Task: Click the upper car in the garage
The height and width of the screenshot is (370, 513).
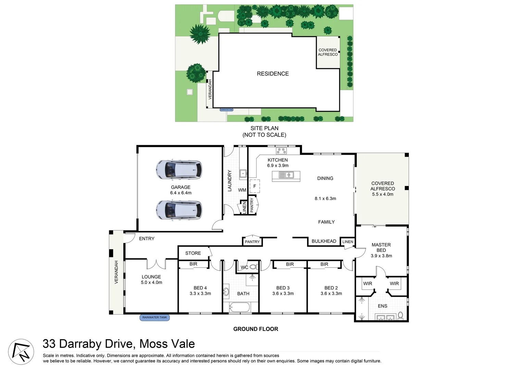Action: click(x=179, y=170)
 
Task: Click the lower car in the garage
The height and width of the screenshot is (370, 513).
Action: click(x=179, y=210)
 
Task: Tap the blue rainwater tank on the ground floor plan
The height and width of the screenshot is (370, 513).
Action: click(x=154, y=318)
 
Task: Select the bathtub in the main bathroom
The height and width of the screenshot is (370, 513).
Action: click(x=240, y=307)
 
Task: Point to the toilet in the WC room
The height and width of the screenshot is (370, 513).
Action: click(x=253, y=267)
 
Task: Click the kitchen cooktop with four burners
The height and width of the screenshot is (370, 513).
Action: click(x=281, y=150)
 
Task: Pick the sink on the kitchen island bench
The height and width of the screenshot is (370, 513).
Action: click(x=286, y=175)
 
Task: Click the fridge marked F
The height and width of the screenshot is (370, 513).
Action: click(x=254, y=186)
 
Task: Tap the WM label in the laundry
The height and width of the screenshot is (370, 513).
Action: click(x=242, y=190)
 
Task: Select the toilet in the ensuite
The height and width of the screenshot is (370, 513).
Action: click(x=400, y=316)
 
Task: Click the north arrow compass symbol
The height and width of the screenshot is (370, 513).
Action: click(x=21, y=352)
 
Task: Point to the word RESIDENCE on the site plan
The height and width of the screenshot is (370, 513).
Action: click(x=273, y=74)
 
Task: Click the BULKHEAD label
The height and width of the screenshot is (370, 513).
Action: click(x=324, y=241)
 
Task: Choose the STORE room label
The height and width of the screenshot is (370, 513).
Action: click(x=193, y=253)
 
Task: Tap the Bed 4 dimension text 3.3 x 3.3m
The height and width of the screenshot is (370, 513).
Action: click(x=200, y=294)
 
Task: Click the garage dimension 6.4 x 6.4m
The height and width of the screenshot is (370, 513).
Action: click(x=181, y=193)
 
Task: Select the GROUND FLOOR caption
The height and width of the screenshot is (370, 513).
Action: click(x=255, y=329)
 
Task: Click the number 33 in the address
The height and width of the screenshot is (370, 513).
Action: click(x=49, y=344)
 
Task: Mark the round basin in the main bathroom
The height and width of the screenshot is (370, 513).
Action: click(x=226, y=292)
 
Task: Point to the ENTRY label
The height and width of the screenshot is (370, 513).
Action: click(x=147, y=238)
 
